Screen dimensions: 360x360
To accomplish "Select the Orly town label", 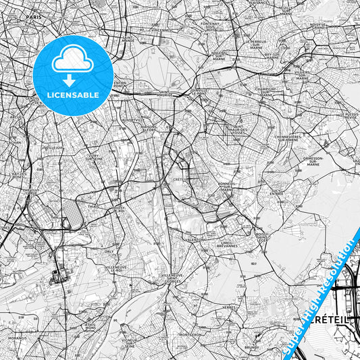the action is point(109,251).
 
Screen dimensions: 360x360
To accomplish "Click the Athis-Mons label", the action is point(90,326).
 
